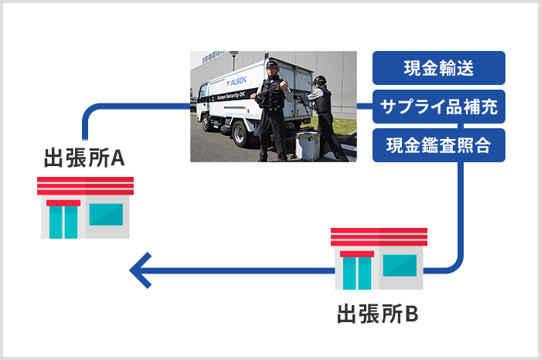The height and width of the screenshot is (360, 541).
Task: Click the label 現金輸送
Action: (439, 68)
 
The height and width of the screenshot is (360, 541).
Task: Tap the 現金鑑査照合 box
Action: (439, 146)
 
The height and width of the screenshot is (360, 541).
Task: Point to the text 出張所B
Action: (379, 315)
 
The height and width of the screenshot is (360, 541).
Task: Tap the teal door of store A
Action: (63, 222)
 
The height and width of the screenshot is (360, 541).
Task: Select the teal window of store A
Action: (106, 214)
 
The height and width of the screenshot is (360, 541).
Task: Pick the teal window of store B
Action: (400, 265)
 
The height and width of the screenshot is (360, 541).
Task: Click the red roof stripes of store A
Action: (85, 186)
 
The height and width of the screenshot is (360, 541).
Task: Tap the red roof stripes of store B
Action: (379, 236)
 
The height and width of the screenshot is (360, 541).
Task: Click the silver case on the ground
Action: (308, 144)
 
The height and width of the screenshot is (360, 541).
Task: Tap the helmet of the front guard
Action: (271, 66)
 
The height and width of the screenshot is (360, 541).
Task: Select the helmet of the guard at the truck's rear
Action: (317, 80)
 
